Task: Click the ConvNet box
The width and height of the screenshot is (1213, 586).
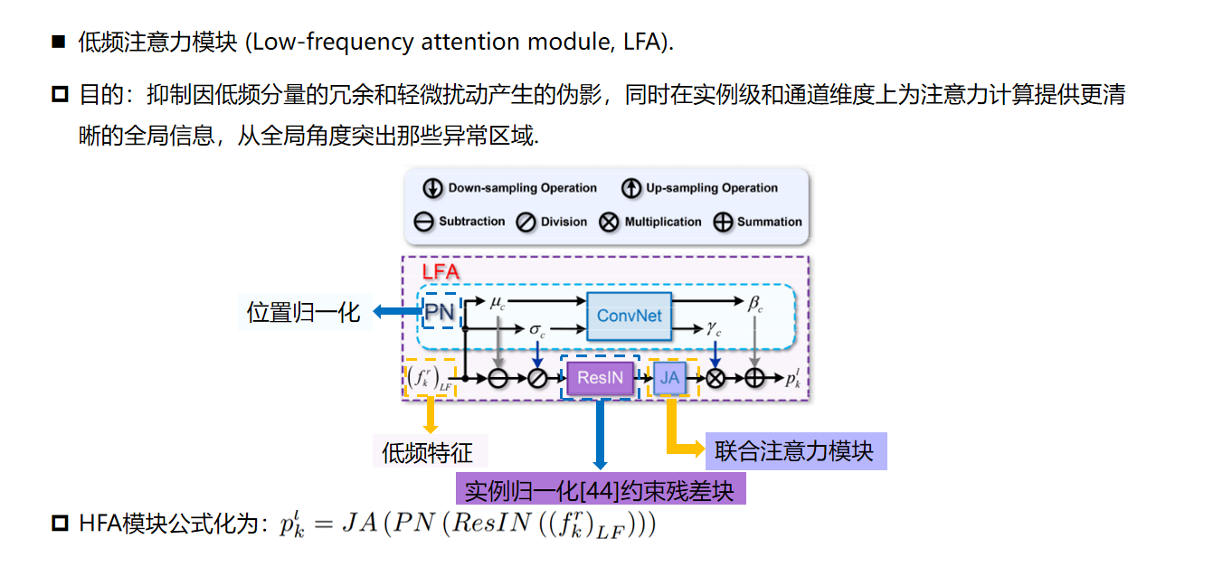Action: [630, 316]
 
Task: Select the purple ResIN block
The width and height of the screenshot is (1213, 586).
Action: [601, 377]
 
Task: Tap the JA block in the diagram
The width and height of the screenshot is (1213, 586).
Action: [669, 377]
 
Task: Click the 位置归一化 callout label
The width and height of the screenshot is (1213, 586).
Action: [303, 313]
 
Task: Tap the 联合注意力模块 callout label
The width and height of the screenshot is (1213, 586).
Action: [793, 451]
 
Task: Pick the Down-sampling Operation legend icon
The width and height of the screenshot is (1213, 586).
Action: [432, 188]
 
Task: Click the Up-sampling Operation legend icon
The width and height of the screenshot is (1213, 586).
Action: [630, 188]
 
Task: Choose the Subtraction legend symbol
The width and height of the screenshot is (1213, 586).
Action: [423, 222]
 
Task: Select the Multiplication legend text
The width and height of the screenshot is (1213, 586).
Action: [663, 222]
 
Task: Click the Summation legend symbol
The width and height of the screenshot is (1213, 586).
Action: [723, 222]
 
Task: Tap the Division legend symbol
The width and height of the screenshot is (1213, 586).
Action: [526, 222]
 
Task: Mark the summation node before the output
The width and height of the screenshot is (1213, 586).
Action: [754, 378]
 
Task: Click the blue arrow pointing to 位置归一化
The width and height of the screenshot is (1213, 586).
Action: [395, 312]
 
